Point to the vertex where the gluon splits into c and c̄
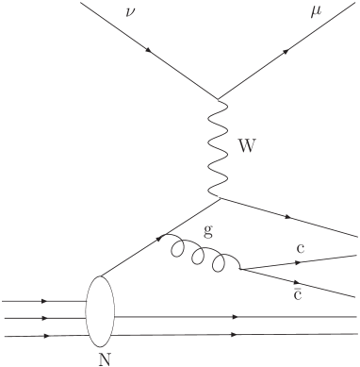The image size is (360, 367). (241, 270)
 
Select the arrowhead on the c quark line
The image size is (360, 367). (304, 261)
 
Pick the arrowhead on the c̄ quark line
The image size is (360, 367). (300, 279)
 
